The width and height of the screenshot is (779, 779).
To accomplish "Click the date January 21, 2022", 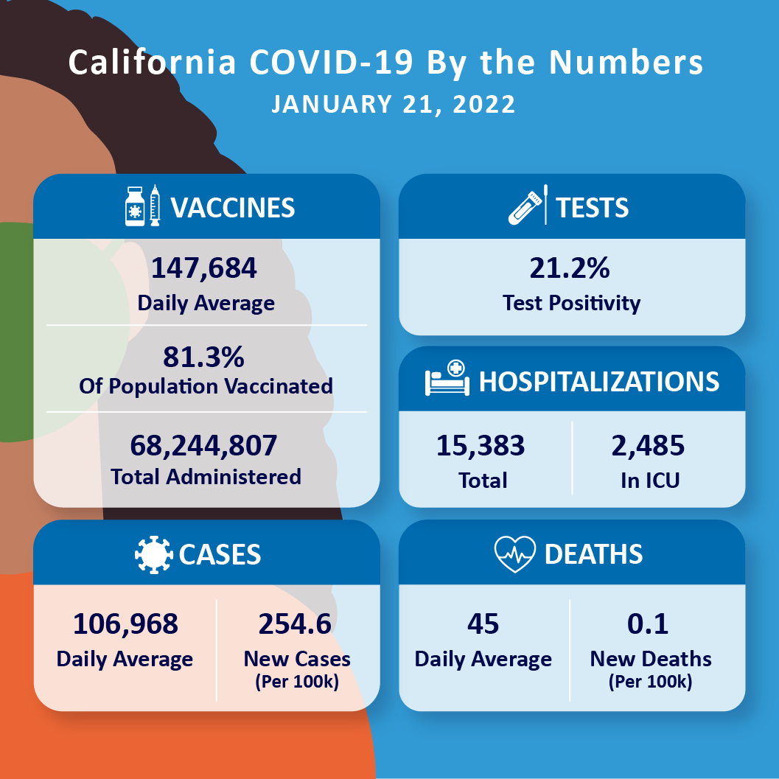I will [393, 104].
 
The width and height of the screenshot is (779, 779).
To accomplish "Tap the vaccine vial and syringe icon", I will [142, 206].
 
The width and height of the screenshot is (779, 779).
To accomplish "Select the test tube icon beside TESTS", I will [525, 206].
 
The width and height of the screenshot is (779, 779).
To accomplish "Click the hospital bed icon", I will [447, 380].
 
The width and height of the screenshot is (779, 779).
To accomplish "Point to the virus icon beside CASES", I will [153, 554].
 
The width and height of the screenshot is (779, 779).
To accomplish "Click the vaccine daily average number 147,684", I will [204, 268].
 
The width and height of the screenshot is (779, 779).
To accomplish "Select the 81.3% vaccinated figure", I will [204, 357].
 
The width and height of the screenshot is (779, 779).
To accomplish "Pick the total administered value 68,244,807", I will [204, 445].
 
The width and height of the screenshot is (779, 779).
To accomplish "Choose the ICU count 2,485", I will [648, 445].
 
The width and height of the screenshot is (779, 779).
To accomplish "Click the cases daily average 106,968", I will [125, 623].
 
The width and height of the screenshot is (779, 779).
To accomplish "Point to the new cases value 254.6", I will [295, 623].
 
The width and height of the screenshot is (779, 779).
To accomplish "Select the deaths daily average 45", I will [483, 623].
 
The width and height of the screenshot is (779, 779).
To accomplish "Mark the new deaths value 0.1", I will [648, 623].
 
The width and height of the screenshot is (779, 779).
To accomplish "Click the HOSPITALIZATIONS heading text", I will [599, 381].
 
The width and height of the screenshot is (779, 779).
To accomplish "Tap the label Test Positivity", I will [571, 303].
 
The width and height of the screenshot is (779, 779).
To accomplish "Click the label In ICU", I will [649, 481].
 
